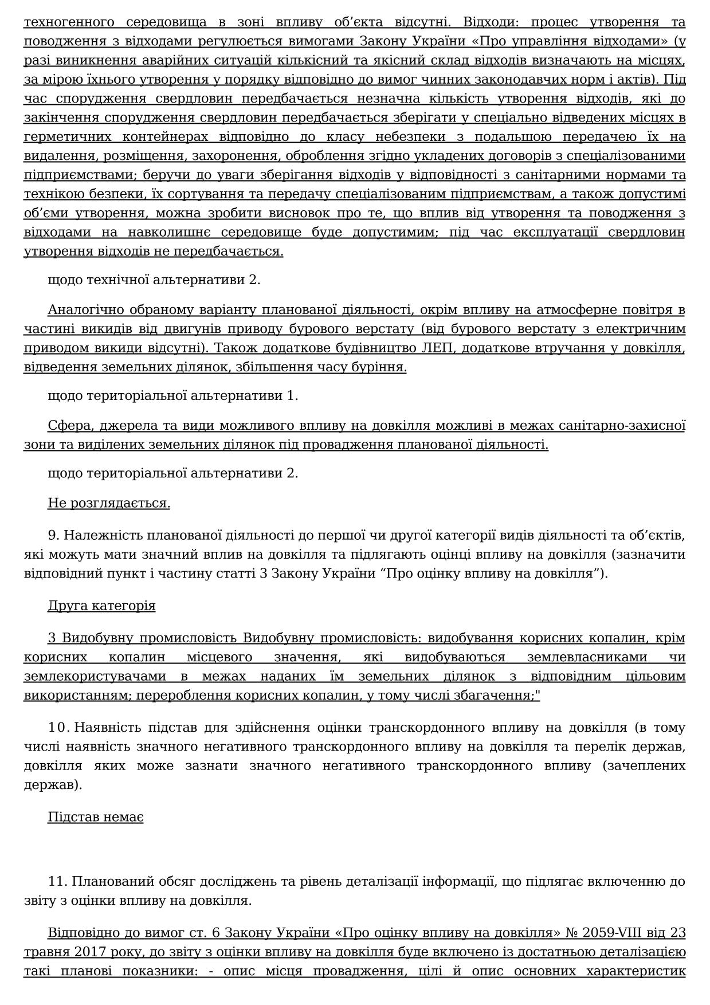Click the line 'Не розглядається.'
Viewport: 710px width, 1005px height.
coord(109,503)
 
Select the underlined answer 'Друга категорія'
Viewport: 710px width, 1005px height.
coord(101,606)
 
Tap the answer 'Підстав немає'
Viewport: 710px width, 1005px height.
coord(95,817)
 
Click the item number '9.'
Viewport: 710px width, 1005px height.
coord(54,535)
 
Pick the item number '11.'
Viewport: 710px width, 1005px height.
coord(58,881)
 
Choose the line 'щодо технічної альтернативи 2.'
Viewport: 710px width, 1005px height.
coord(154,280)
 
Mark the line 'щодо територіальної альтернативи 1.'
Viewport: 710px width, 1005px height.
coord(172,395)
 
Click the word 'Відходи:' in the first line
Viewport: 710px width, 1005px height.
coord(488,22)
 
